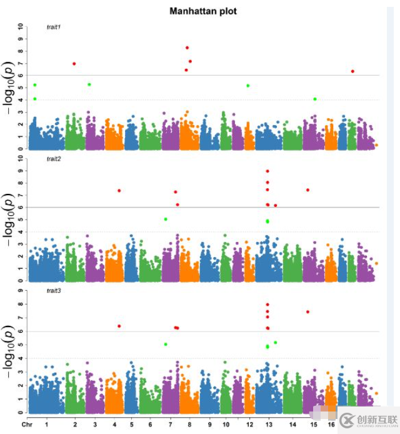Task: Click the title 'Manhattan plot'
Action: point(203,11)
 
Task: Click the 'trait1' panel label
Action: point(54,27)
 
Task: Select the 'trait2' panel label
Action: point(54,159)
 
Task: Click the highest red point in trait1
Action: point(187,48)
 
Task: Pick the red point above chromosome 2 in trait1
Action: point(74,64)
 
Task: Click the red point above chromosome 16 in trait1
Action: point(352,71)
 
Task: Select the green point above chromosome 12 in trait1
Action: point(248,85)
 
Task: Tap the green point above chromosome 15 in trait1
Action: point(315,99)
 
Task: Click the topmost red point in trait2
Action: point(267,171)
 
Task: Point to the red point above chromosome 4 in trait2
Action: point(119,191)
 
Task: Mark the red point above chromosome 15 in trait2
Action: point(307,189)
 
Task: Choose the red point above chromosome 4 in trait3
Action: point(119,326)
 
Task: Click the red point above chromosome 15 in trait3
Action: point(307,311)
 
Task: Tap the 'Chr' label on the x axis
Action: point(26,425)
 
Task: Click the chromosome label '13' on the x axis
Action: point(267,425)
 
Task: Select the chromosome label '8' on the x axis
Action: point(190,425)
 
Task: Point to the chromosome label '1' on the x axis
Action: point(46,425)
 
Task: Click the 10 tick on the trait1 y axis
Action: point(21,27)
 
